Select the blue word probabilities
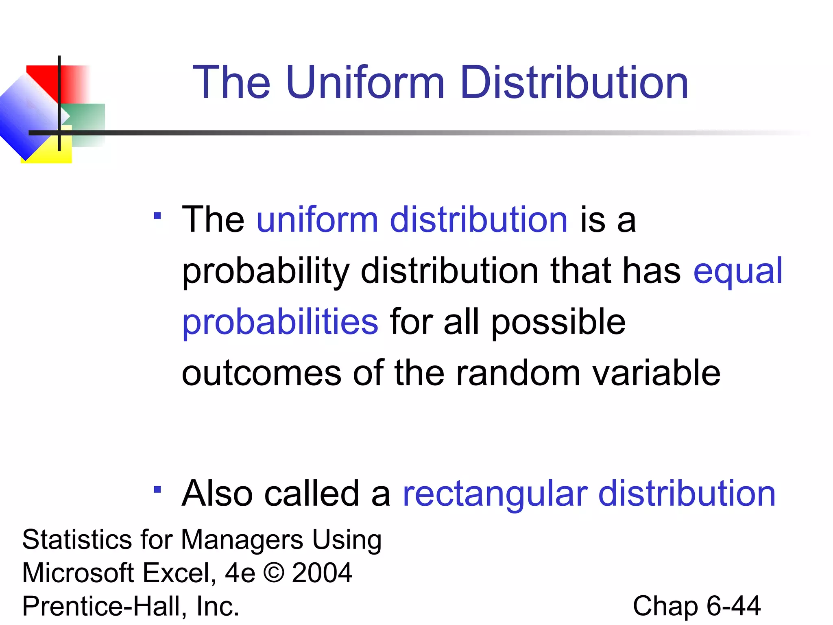pyautogui.click(x=280, y=322)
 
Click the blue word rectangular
pyautogui.click(x=495, y=494)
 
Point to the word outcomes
pyautogui.click(x=261, y=373)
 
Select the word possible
pyautogui.click(x=558, y=322)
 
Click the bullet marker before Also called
pyautogui.click(x=157, y=490)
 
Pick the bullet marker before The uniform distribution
pyautogui.click(x=157, y=216)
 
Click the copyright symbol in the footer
pyautogui.click(x=274, y=573)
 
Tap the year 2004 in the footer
pyautogui.click(x=322, y=573)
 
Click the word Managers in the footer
pyautogui.click(x=242, y=540)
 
